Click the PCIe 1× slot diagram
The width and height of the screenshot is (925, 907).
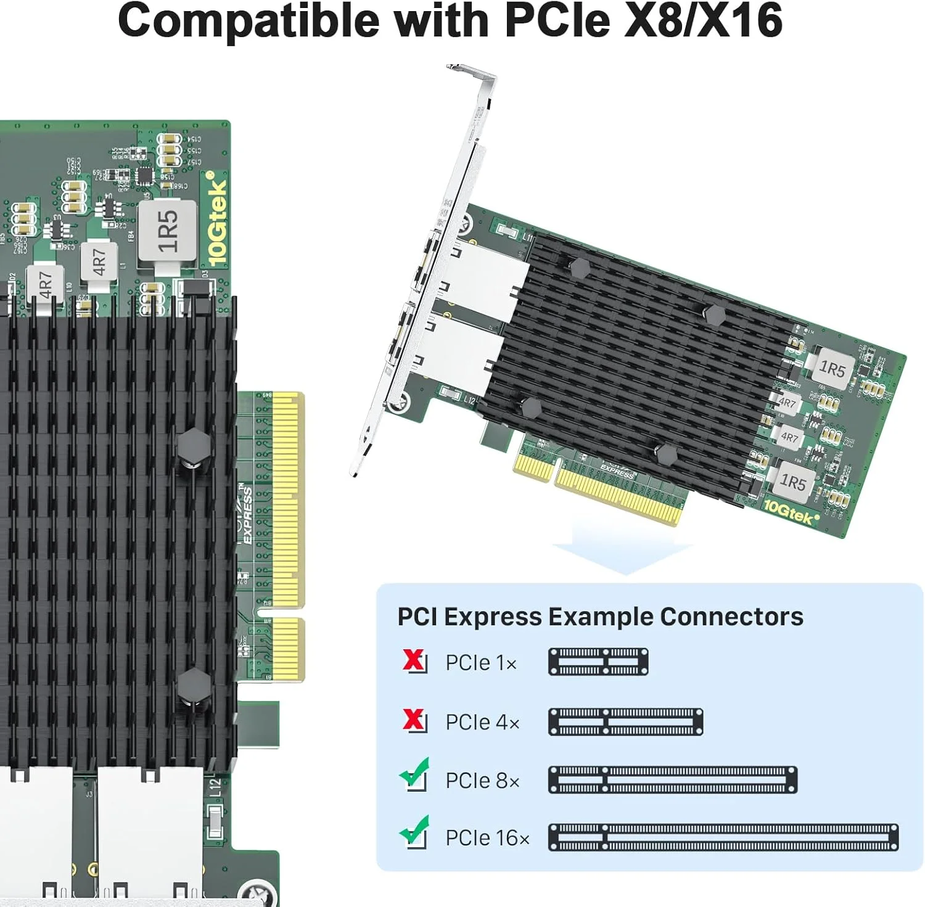point(598,662)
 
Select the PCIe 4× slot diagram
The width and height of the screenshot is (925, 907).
point(625,721)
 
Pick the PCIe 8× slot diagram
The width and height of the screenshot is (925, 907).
point(673,780)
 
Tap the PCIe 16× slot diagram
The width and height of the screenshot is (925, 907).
point(723,837)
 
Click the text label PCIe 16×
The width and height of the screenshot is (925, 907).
point(487,838)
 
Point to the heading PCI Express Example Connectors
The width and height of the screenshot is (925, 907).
point(600,617)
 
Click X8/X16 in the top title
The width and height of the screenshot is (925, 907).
point(704,20)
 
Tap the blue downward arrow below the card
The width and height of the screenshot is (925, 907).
point(623,551)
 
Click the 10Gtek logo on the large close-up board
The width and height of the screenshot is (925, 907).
point(217,219)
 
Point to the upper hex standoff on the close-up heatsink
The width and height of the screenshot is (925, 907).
point(193,444)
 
